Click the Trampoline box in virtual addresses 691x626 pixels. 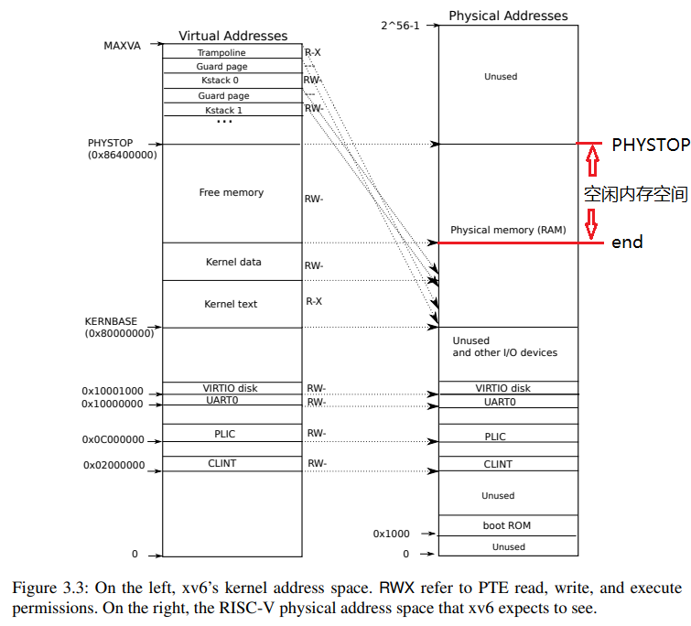[221, 53]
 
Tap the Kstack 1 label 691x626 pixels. [223, 110]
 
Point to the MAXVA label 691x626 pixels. [123, 45]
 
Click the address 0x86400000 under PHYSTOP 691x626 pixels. [122, 156]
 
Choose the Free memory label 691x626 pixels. [231, 192]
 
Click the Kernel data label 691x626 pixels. [233, 262]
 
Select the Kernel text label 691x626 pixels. [231, 304]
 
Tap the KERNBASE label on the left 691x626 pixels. [111, 321]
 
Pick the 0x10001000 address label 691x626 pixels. [113, 391]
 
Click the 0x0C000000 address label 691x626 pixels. [113, 439]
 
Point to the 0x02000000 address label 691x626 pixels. [113, 465]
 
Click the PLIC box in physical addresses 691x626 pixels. [494, 437]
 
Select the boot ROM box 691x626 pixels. [507, 525]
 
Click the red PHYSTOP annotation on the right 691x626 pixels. [650, 145]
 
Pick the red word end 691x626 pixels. [627, 243]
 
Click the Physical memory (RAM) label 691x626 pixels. [508, 229]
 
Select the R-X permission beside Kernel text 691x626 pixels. [313, 301]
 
